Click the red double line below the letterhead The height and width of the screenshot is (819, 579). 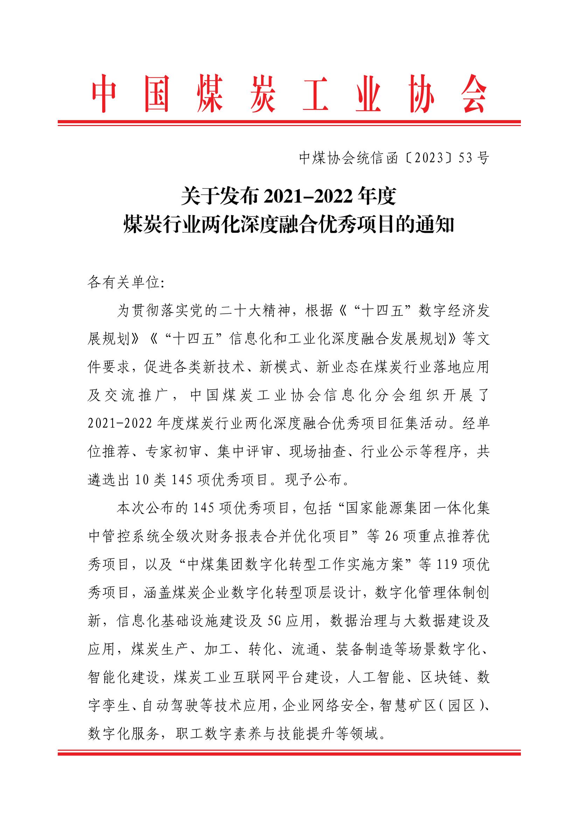tap(289, 123)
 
